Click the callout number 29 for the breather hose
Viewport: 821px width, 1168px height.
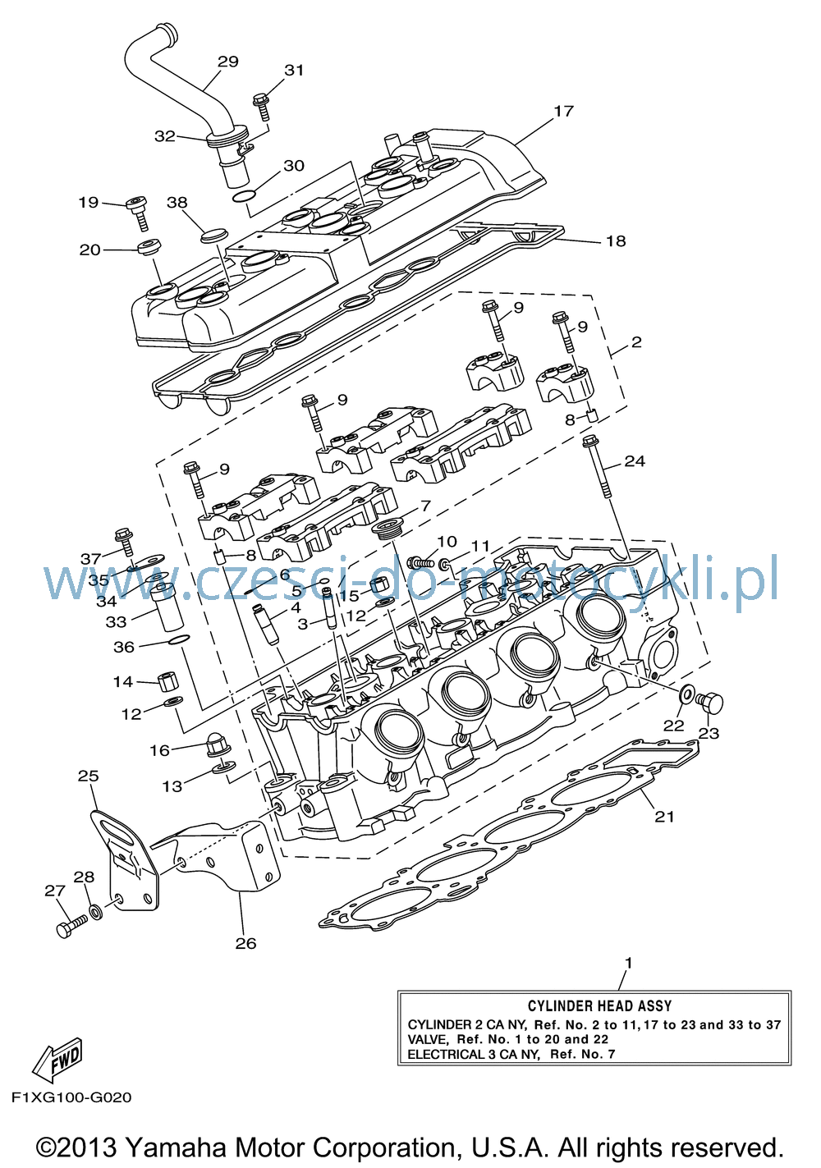click(x=227, y=62)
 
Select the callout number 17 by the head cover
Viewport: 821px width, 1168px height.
click(x=563, y=111)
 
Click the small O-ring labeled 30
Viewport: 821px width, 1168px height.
click(x=244, y=196)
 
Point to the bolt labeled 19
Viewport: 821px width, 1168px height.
click(x=139, y=213)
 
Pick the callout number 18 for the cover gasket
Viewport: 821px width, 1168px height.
click(x=616, y=240)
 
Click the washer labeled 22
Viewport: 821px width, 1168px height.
click(x=686, y=694)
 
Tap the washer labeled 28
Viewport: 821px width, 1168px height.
click(x=95, y=913)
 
